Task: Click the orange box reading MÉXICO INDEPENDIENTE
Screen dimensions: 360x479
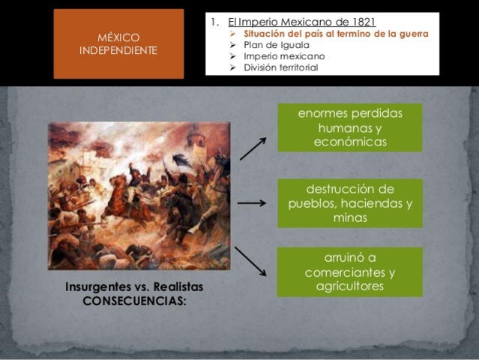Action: (118, 43)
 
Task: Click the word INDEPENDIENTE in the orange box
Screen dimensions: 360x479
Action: (118, 50)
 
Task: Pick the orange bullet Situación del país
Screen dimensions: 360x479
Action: (336, 34)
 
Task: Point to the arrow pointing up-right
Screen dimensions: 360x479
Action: (253, 148)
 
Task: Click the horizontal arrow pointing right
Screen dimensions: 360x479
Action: (252, 203)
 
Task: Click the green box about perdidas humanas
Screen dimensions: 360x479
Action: (350, 127)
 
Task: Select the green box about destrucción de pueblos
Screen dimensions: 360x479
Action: (350, 203)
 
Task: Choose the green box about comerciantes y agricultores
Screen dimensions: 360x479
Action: (350, 271)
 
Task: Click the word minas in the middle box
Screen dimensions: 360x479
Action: (350, 217)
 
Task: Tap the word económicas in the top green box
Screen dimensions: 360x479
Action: (350, 142)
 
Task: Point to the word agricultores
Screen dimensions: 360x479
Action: (350, 286)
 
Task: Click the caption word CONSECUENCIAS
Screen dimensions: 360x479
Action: (136, 301)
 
